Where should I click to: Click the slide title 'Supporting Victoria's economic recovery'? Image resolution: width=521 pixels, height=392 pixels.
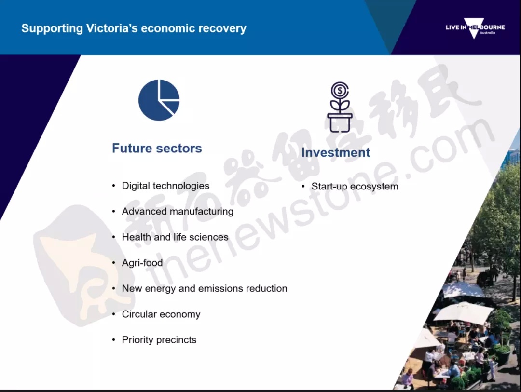coord(134,28)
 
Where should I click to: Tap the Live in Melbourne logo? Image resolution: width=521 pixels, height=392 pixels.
coord(475,28)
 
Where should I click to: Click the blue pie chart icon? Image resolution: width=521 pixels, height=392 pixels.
coord(159,100)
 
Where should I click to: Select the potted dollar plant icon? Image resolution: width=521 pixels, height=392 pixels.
coord(340,107)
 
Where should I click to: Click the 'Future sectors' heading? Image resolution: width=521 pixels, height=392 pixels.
coord(157,148)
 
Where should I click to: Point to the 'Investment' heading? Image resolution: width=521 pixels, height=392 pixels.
coord(336,152)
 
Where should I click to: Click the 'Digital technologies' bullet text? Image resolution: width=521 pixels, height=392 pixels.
coord(165,186)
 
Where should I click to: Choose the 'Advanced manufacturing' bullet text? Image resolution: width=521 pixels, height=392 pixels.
coord(178,211)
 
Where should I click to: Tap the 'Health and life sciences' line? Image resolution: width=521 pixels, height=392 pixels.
coord(175,237)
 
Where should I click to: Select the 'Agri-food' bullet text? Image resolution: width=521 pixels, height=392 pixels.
coord(142,263)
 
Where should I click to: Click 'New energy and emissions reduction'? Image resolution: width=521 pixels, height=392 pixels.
coord(205,288)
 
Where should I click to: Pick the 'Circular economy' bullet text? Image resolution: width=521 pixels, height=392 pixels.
coord(161,314)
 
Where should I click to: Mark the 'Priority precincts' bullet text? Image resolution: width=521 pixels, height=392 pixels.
coord(159,340)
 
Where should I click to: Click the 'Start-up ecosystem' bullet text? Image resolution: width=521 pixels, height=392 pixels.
coord(355,187)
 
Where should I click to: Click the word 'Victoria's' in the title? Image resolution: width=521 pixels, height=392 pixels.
coord(111,28)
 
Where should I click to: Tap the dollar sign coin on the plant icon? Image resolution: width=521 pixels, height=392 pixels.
coord(340,90)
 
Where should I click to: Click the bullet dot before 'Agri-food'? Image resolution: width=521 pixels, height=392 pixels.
coord(114,263)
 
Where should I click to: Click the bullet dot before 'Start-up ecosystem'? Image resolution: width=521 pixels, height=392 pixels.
coord(303,187)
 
